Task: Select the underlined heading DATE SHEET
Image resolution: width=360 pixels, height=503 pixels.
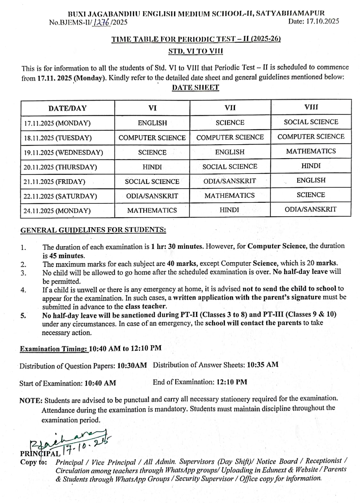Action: click(195, 88)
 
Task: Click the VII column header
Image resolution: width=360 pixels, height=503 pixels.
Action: click(230, 108)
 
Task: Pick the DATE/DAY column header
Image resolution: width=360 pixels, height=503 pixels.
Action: click(67, 108)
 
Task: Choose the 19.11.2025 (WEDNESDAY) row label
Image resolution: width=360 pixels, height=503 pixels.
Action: click(63, 153)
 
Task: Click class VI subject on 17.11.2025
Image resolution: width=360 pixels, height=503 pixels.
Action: click(152, 123)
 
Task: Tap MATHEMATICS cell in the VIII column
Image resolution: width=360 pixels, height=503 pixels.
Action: click(311, 151)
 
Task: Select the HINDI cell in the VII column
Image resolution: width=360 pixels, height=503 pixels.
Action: click(229, 210)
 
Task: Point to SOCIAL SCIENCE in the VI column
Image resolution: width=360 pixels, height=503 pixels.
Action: click(152, 181)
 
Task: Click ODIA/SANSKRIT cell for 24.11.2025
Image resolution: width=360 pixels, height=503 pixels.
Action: click(310, 209)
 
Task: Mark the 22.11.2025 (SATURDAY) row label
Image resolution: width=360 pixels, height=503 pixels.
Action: click(60, 196)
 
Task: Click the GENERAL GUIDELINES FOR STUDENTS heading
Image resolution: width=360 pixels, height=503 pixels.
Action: click(93, 230)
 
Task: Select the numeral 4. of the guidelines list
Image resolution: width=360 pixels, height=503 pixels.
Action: click(23, 290)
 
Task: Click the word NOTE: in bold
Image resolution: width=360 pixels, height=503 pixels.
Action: click(31, 401)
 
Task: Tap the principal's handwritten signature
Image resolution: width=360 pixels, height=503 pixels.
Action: click(70, 442)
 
